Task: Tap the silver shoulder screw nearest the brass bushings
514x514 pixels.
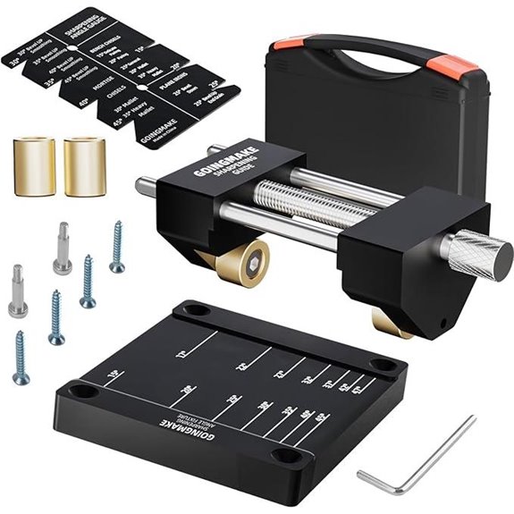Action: [x=62, y=248]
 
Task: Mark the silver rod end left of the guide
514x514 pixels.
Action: [x=143, y=187]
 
